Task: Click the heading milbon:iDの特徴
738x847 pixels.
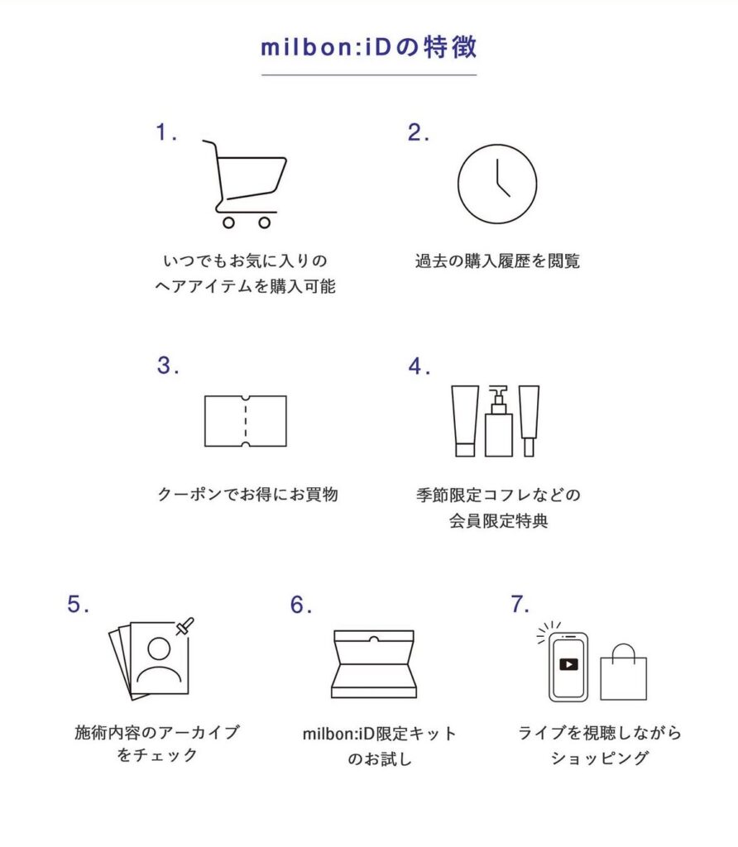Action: (369, 47)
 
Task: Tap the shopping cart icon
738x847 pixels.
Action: (244, 184)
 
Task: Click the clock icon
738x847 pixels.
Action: (497, 184)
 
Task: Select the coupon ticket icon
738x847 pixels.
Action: (245, 421)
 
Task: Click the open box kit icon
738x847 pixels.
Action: (374, 664)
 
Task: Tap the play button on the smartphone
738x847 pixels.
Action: (568, 664)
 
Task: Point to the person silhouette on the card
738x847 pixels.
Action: (159, 662)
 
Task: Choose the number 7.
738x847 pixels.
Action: (519, 604)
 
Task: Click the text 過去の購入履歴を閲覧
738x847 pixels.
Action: (497, 261)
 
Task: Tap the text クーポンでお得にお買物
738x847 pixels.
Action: (248, 494)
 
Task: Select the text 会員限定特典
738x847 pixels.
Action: (499, 521)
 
